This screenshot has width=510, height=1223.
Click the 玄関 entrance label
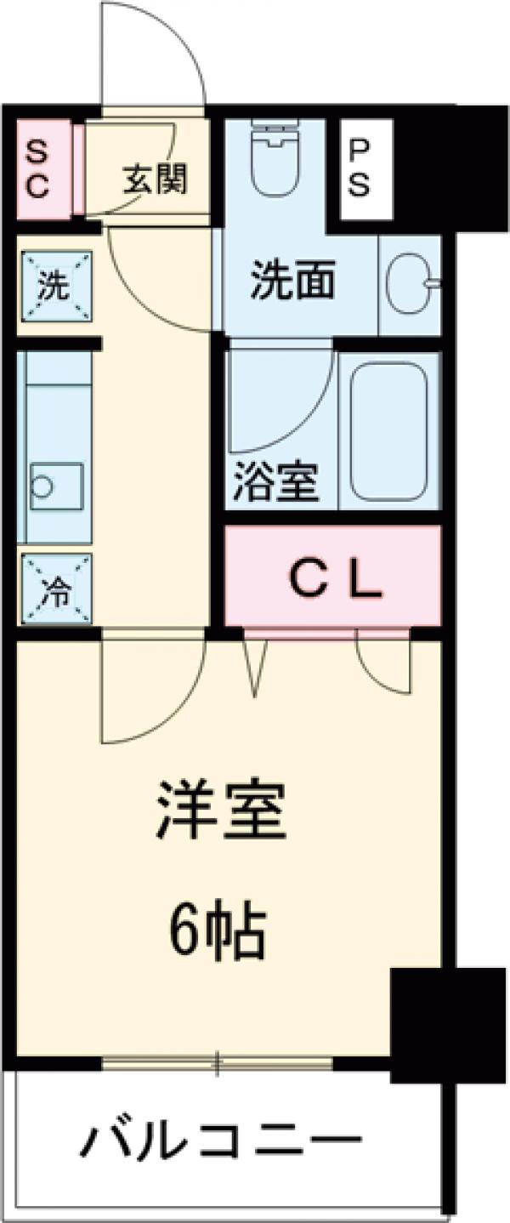tap(155, 179)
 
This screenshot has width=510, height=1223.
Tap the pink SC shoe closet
tap(37, 170)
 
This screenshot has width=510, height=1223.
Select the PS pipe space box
tap(360, 169)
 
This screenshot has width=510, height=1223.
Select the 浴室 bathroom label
tap(276, 482)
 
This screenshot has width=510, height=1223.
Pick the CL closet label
tap(334, 582)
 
